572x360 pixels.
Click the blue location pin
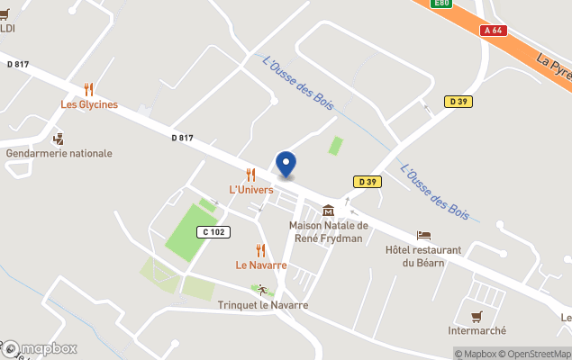[286, 164]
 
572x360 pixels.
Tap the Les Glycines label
[89, 104]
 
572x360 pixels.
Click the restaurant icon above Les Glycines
[88, 88]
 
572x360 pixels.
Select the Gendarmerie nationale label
[59, 153]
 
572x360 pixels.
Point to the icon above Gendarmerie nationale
[59, 138]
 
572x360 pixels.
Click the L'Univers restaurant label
[251, 190]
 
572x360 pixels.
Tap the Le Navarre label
[261, 265]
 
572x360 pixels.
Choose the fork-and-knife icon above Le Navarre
[261, 250]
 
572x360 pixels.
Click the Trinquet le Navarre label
[263, 305]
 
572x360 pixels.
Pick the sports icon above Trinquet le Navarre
[262, 290]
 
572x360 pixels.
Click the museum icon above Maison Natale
[329, 210]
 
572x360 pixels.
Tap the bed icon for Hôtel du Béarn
[423, 235]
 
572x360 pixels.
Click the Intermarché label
[477, 330]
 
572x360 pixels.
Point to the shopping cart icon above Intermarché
[477, 315]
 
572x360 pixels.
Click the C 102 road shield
[215, 232]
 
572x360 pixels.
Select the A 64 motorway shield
[492, 30]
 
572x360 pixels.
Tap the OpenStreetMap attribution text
[537, 354]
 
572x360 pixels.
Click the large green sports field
[192, 232]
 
